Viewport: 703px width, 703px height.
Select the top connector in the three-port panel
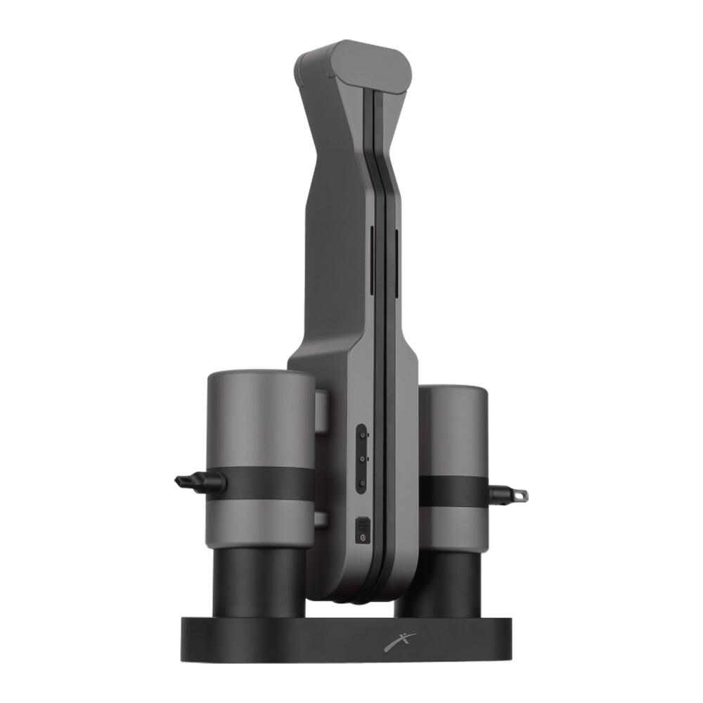[x=361, y=436]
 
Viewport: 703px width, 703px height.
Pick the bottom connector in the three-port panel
[x=361, y=482]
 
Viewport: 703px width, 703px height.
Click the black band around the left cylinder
[x=267, y=484]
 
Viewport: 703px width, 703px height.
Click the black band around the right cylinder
[x=453, y=491]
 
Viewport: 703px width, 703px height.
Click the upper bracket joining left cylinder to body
[x=321, y=411]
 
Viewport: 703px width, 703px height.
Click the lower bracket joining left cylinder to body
[x=321, y=520]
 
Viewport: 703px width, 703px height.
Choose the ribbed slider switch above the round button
[x=362, y=524]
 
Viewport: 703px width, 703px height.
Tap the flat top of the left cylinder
[x=260, y=376]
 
